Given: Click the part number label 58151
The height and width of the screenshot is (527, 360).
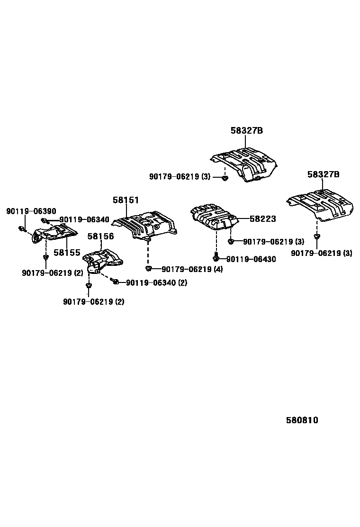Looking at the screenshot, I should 126,200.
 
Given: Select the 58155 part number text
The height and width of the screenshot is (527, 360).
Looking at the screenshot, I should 67,253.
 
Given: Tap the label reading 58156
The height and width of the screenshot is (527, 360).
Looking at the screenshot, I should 100,236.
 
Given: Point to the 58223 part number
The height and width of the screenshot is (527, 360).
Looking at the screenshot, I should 262,219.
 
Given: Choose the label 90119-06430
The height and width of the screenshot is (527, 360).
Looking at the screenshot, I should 251,259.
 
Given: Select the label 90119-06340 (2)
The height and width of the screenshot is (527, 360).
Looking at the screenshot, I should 156,282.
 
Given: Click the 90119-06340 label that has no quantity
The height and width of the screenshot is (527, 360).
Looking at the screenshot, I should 84,220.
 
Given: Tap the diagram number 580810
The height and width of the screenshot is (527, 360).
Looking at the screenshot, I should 302,420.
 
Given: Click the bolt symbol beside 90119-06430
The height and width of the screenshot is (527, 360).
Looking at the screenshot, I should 216,259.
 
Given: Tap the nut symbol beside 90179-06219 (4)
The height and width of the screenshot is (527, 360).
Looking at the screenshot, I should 148,269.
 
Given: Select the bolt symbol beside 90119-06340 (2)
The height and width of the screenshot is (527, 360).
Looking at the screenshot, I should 115,282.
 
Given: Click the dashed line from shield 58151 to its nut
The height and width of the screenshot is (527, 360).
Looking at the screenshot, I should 148,254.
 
